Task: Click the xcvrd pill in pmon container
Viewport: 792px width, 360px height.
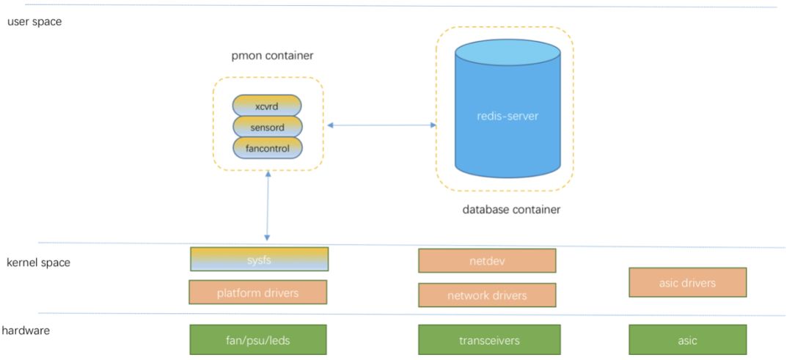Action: point(267,106)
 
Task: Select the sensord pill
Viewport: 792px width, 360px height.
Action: point(267,127)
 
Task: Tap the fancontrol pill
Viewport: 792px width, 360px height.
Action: point(267,148)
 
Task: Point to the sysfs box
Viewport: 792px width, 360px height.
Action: point(259,259)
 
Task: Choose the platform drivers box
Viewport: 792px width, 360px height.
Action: point(257,293)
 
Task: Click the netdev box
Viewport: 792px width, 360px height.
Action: point(487,260)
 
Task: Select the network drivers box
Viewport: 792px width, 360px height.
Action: point(487,295)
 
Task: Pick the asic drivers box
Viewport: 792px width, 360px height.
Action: point(687,282)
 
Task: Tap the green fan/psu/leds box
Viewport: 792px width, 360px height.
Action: point(257,340)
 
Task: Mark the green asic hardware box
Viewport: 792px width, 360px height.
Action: point(687,340)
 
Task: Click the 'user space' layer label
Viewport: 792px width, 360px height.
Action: point(34,22)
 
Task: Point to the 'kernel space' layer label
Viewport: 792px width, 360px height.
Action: point(38,262)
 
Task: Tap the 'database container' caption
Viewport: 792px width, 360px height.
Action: point(511,210)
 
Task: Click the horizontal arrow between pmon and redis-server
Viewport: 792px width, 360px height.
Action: point(381,125)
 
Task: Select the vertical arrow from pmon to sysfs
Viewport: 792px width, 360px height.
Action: point(268,206)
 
